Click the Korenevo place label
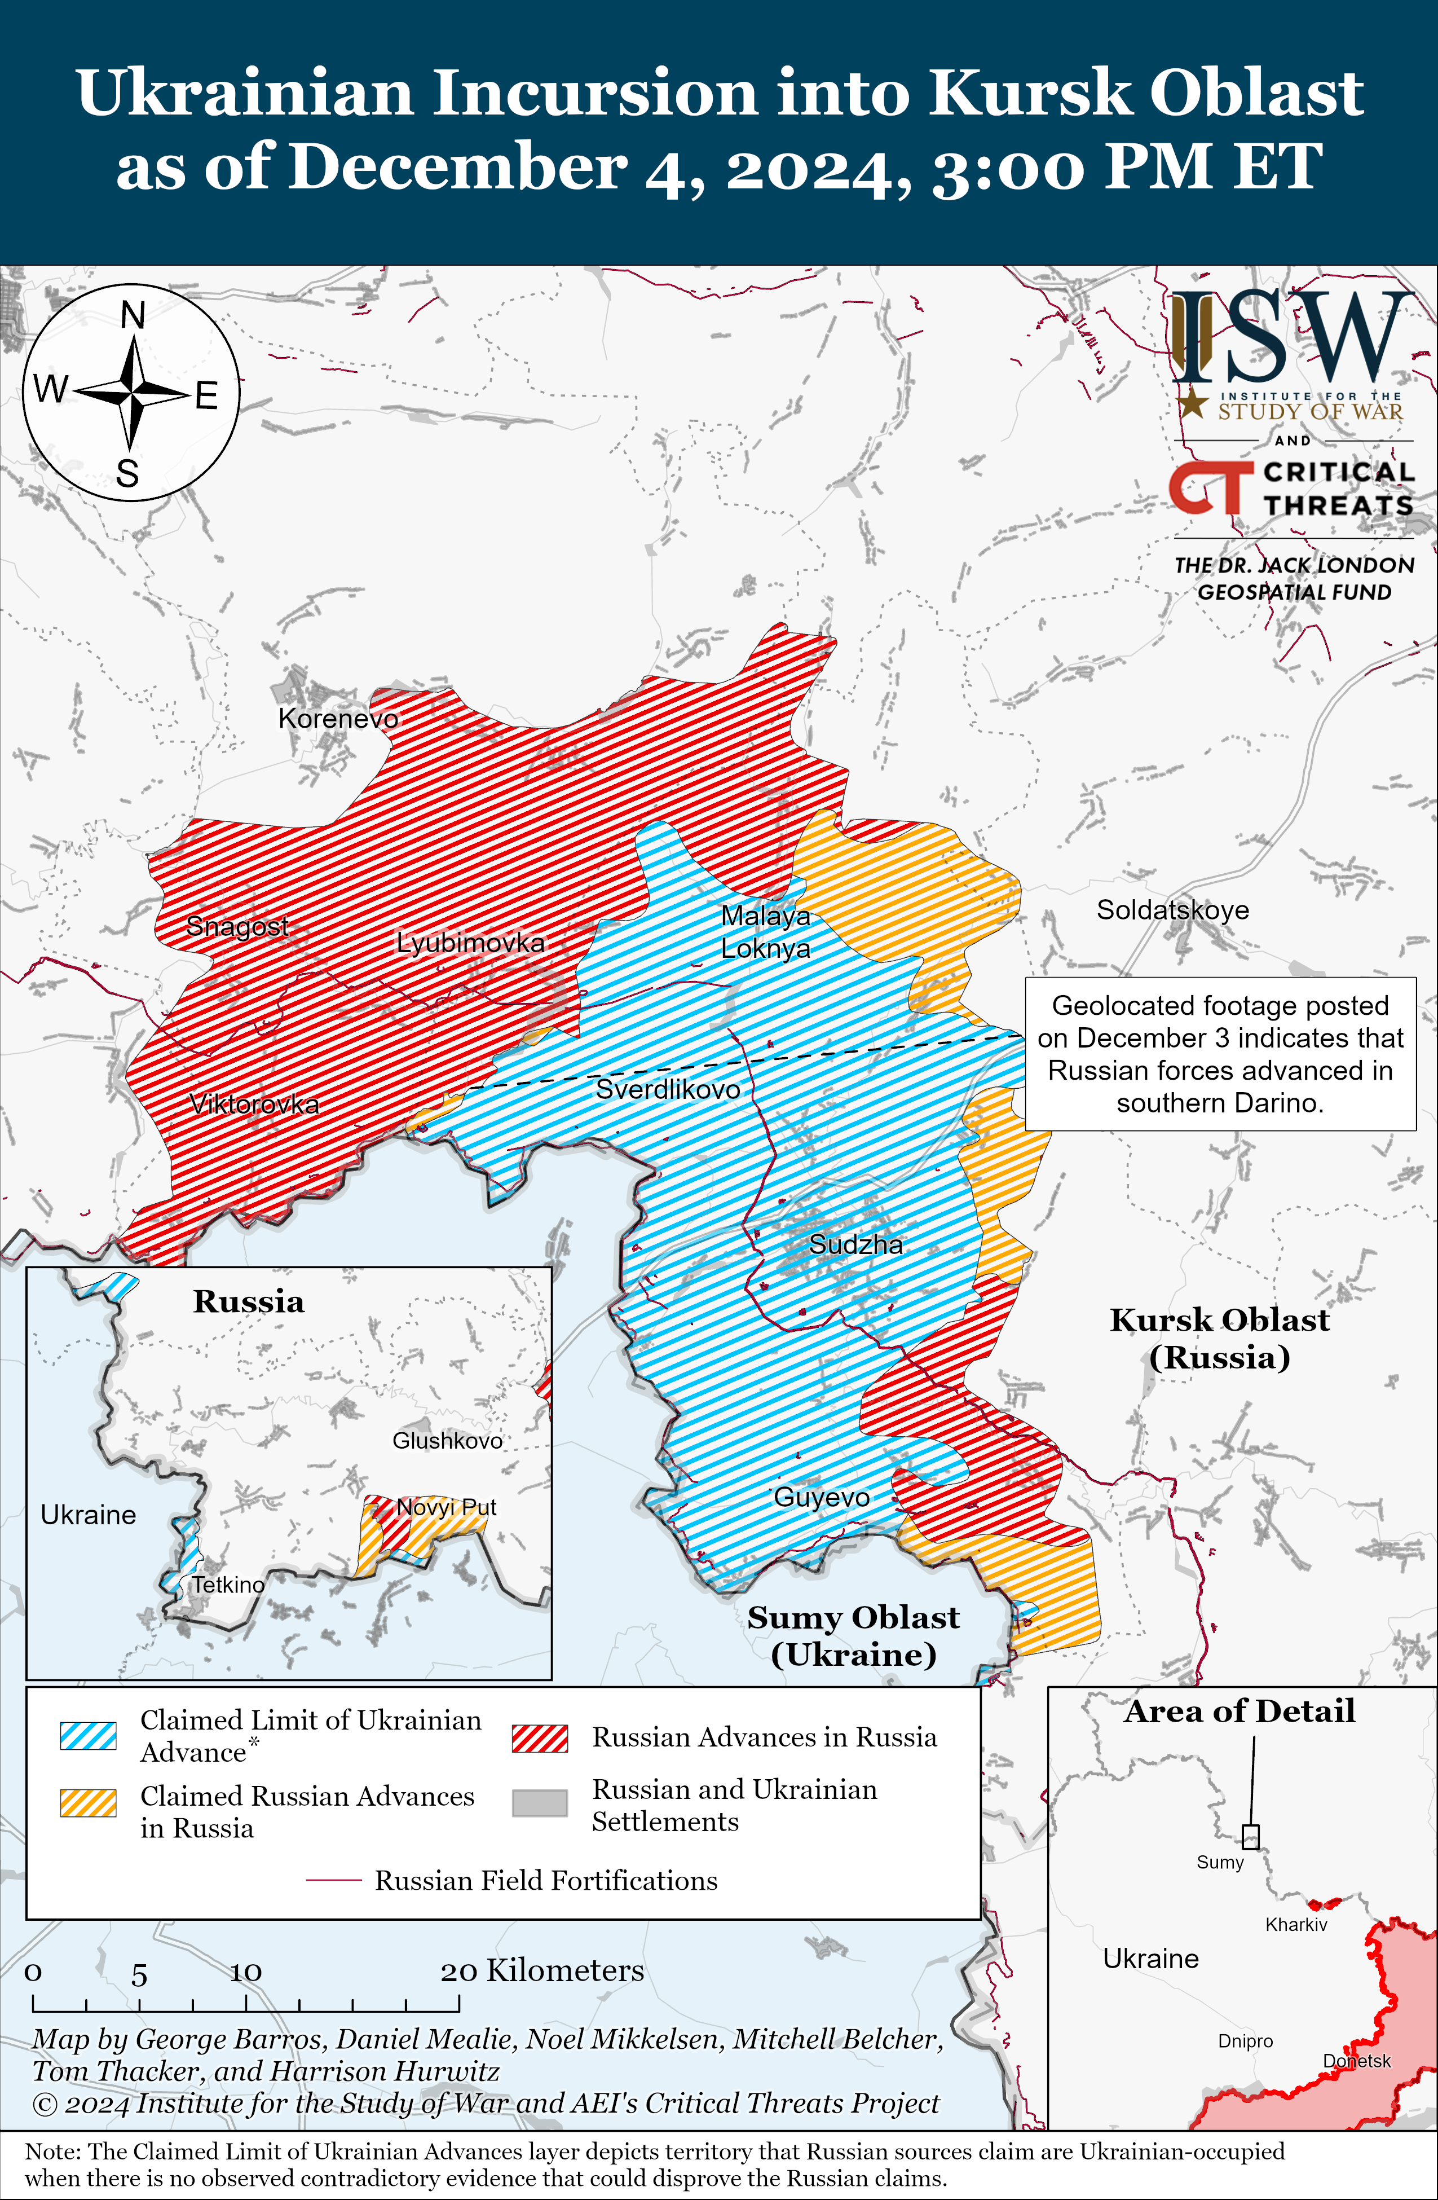click(338, 718)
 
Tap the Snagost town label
click(237, 925)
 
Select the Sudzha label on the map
click(856, 1244)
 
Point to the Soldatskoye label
click(1172, 909)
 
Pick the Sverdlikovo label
click(667, 1089)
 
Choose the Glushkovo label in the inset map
click(447, 1440)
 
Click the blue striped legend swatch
click(88, 1735)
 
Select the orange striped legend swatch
click(88, 1802)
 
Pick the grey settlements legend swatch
click(540, 1802)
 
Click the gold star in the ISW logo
click(1192, 403)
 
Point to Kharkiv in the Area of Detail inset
click(1296, 1925)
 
